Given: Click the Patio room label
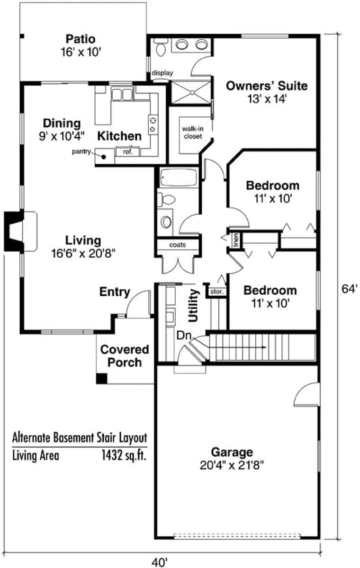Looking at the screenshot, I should tap(81, 39).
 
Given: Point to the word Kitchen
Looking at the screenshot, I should tap(119, 136).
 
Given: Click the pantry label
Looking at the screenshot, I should tap(81, 151).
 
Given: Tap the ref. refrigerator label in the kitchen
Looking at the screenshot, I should tap(127, 152).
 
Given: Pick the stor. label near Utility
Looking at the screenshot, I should tap(216, 292).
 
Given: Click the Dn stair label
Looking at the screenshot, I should tap(184, 336).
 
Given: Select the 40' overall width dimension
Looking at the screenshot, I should tap(160, 562).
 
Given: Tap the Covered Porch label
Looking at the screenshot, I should tap(124, 356).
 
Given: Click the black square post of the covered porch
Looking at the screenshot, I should tap(101, 379).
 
